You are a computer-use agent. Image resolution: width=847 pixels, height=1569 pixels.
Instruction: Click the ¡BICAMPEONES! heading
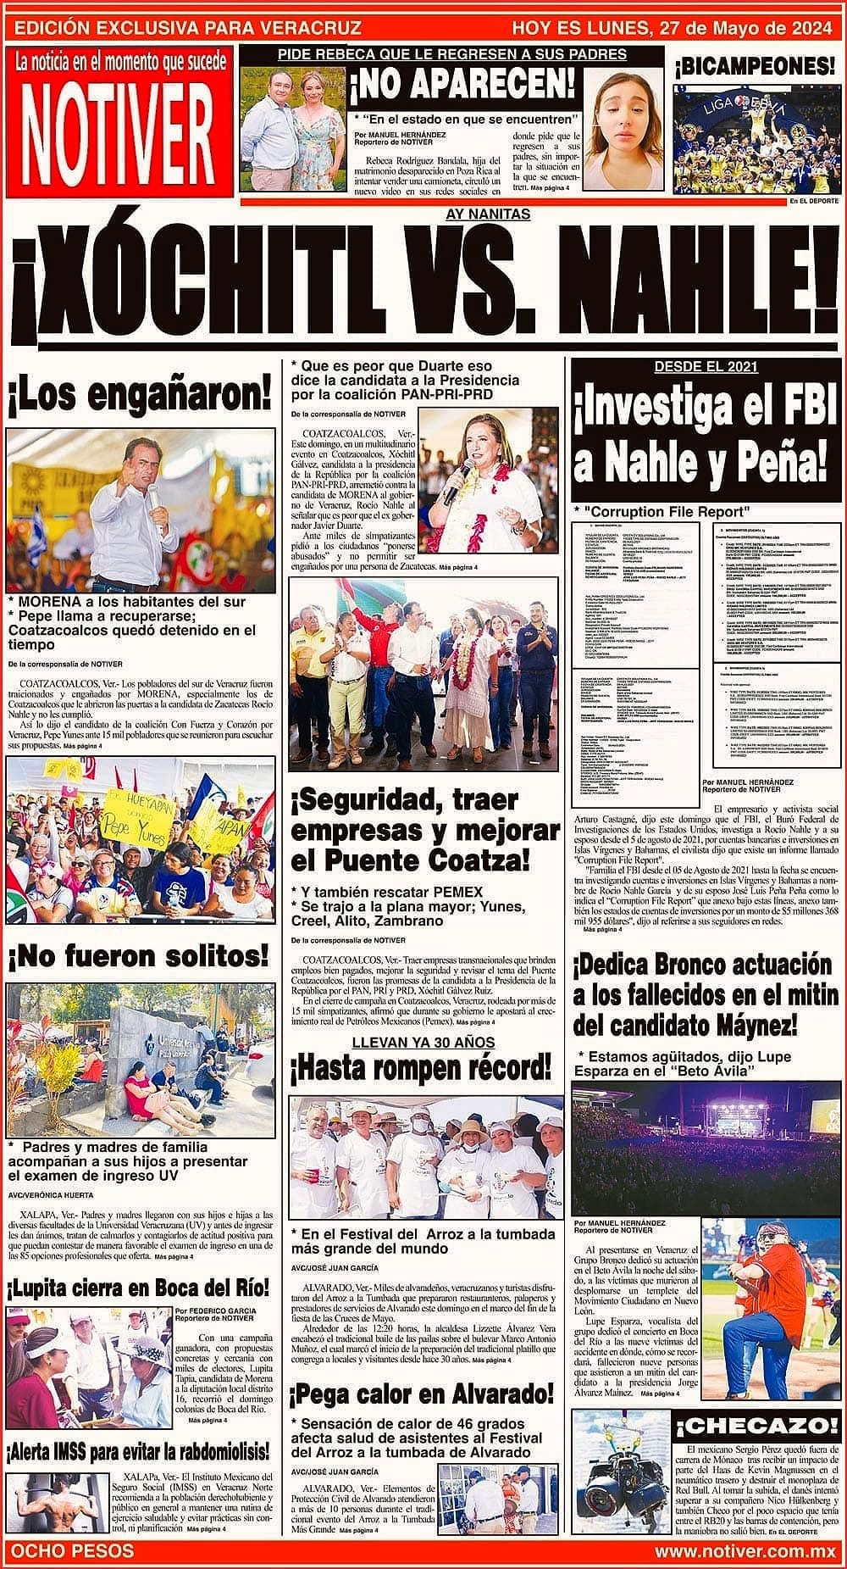[755, 65]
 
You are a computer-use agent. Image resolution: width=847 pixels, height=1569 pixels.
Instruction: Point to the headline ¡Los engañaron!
[140, 394]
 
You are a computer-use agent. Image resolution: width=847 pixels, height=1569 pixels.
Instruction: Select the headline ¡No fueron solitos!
[139, 956]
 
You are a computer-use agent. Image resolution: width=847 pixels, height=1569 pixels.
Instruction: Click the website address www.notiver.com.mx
[745, 1552]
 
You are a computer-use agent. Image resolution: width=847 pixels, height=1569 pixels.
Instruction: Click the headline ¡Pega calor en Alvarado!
[421, 1394]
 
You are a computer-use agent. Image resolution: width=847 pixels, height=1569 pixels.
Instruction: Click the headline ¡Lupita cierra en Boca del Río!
[139, 1288]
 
